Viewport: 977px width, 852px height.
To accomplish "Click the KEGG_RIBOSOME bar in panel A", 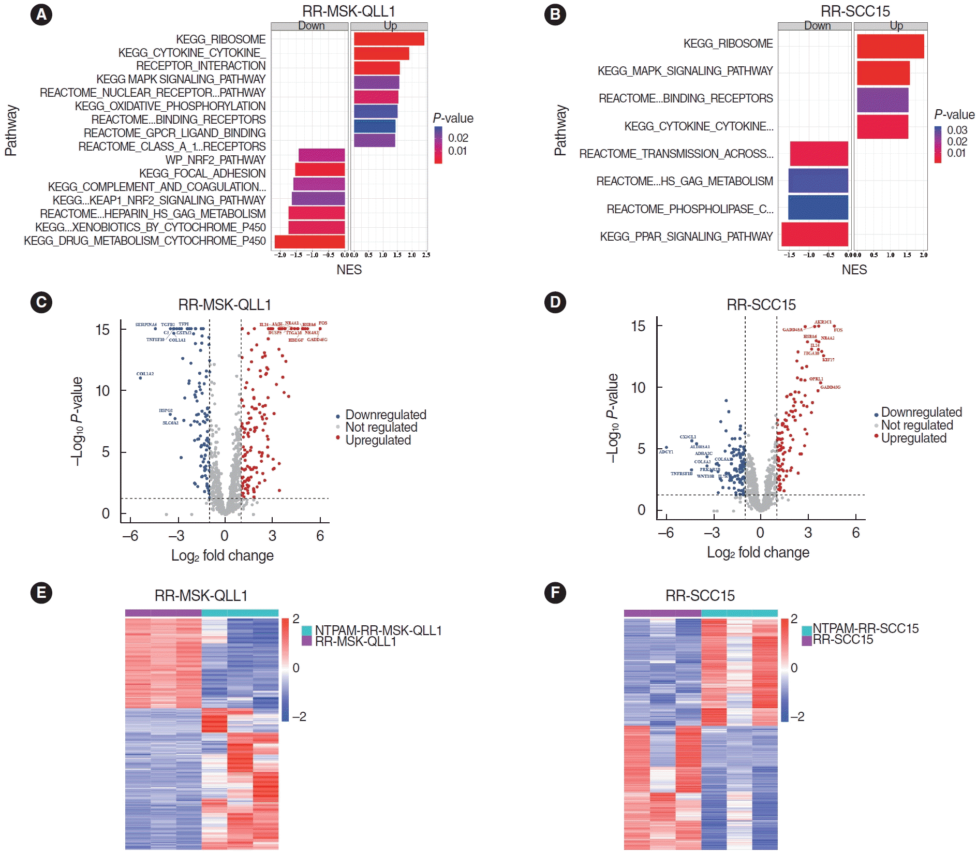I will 389,39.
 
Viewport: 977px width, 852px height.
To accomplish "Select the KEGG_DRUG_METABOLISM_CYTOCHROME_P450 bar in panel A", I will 309,241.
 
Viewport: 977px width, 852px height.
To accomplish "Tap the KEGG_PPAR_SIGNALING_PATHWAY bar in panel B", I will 815,234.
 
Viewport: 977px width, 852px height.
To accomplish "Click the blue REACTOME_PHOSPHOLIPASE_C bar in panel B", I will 818,208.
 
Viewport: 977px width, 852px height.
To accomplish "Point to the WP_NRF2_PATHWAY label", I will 215,160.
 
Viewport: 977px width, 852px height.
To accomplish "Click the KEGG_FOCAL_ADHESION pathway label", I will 202,173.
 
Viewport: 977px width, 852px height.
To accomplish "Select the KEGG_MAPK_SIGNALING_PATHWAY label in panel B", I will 685,71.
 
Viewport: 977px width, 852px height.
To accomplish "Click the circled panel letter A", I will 41,14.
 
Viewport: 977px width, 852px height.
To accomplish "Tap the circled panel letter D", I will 555,302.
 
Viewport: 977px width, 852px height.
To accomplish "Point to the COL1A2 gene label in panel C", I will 145,374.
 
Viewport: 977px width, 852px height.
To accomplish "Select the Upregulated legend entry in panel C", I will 378,440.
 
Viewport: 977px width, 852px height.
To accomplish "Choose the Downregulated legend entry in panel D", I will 921,413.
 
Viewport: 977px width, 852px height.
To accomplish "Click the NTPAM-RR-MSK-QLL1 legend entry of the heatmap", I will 378,630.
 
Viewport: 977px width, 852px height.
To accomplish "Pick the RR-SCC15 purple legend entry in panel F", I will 842,640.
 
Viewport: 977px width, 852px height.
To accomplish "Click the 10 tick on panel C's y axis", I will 102,391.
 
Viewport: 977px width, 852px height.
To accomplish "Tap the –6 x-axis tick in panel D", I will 665,532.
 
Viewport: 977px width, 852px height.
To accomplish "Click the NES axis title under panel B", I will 854,270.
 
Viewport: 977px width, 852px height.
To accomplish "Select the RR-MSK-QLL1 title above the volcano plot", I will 225,305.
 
